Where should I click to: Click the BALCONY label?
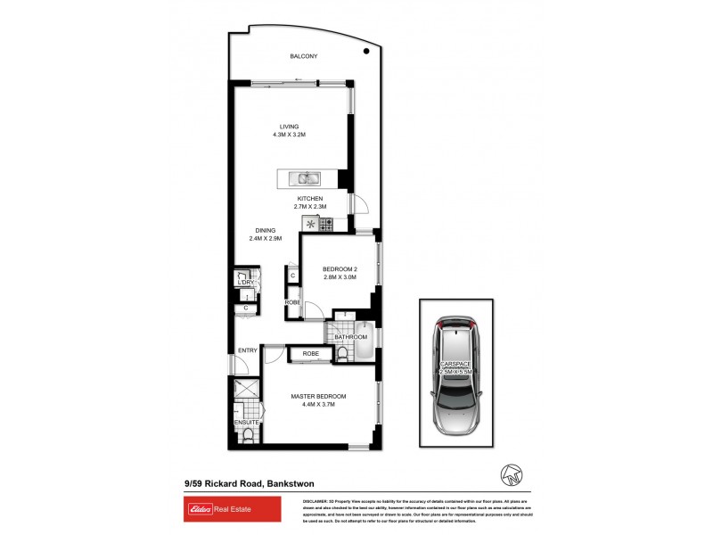click(x=303, y=56)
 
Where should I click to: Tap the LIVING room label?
click(x=289, y=127)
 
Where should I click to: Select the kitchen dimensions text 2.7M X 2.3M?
click(x=310, y=207)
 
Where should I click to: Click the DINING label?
click(x=264, y=230)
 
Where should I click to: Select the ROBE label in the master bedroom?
click(x=310, y=354)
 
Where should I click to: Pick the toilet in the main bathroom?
click(x=343, y=356)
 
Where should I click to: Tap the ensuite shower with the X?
click(x=243, y=390)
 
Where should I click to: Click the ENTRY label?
click(x=248, y=350)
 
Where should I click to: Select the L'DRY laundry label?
click(x=245, y=283)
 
